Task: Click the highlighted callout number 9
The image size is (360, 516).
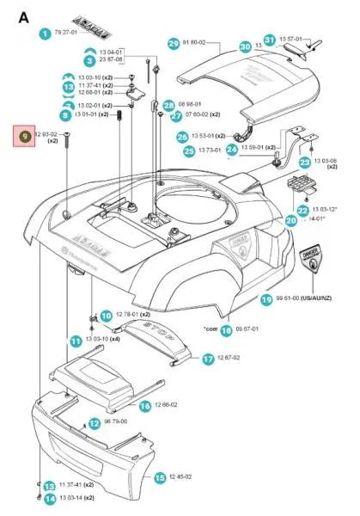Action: point(24,135)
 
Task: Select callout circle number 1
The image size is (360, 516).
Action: point(45,34)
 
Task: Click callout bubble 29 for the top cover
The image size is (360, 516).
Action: point(174,43)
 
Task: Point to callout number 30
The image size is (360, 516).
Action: point(245,46)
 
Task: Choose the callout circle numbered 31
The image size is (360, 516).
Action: point(269,40)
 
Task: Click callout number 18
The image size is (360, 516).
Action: point(226,329)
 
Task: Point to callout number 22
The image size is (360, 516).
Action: point(302,211)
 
